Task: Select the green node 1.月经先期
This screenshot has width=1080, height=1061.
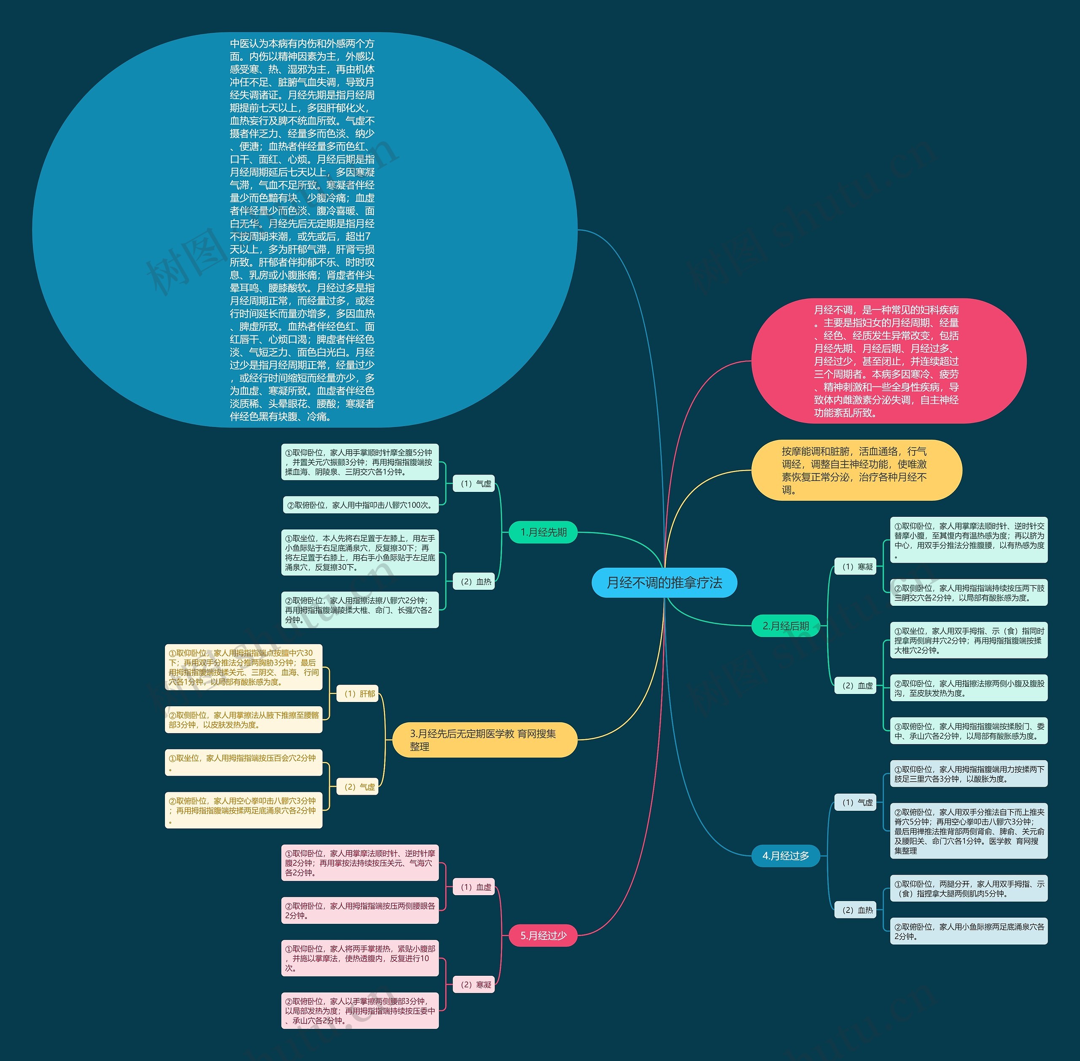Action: point(543,532)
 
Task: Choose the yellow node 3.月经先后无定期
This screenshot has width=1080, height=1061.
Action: point(484,740)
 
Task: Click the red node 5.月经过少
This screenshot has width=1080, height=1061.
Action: point(543,936)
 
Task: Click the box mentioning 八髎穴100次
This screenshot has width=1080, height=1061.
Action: point(360,505)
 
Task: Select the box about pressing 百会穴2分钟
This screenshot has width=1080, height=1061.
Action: point(243,762)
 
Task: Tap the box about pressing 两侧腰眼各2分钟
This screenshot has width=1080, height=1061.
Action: point(360,910)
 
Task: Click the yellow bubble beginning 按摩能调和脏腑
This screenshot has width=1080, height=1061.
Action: point(856,470)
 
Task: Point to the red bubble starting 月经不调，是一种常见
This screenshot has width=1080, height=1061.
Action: point(888,361)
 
